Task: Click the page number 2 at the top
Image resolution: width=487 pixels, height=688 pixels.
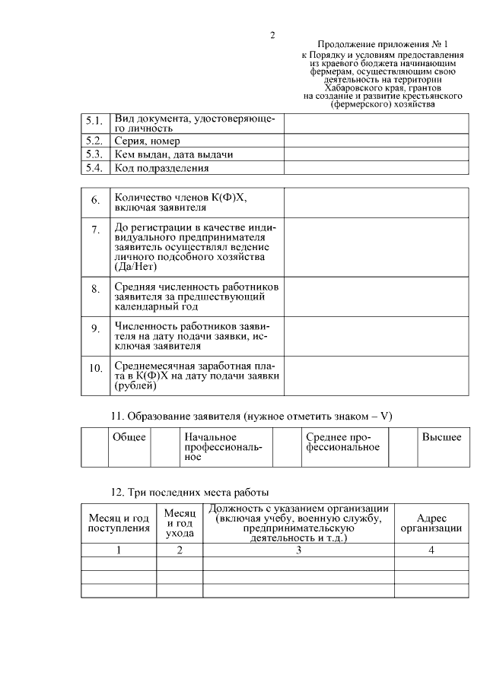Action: (272, 35)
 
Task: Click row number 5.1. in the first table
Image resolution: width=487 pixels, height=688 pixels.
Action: (95, 121)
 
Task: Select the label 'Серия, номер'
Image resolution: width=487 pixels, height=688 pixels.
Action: (147, 141)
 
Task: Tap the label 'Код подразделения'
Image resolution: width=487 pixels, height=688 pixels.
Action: (161, 168)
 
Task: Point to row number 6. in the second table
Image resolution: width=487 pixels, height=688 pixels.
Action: (96, 201)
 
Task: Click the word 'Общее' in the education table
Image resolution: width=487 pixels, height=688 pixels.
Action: (129, 437)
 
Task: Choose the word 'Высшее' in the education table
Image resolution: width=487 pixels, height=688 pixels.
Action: (441, 437)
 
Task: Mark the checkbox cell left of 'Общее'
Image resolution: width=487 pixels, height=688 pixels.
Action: (95, 447)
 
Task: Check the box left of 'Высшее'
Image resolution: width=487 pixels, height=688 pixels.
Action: (403, 447)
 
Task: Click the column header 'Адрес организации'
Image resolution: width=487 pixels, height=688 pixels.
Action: (431, 522)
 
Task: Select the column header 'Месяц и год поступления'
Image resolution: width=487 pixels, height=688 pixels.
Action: (119, 522)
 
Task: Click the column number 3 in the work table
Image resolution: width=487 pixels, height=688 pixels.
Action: (298, 550)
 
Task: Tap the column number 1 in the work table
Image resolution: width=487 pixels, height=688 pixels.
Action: (119, 550)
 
